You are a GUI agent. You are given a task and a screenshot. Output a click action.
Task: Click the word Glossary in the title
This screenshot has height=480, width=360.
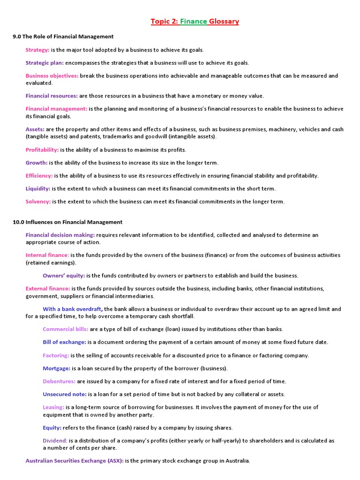224,21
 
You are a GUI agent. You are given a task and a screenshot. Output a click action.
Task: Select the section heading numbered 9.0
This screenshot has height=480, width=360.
63,36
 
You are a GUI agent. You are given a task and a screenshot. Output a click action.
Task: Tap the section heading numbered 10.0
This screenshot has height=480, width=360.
67,222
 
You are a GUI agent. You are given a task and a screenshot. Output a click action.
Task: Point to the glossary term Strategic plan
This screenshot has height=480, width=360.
45,63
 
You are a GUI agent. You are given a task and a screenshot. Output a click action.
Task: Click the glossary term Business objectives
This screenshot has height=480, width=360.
52,75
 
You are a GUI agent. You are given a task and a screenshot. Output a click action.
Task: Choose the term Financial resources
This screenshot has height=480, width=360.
52,96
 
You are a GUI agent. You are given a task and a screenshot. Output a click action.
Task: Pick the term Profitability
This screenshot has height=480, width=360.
42,150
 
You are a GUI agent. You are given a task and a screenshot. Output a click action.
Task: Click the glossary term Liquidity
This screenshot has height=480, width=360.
38,188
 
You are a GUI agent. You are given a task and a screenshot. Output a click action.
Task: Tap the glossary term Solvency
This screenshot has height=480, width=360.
38,202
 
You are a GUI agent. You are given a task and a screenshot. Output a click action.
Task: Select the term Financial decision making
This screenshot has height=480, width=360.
60,235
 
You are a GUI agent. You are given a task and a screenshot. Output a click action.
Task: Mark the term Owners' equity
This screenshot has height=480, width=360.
64,276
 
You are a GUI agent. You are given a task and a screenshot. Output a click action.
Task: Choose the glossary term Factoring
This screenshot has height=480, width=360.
56,355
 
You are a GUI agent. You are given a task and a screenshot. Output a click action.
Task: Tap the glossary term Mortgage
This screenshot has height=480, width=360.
57,368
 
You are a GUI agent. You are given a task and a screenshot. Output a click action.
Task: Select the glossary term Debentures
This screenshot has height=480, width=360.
59,381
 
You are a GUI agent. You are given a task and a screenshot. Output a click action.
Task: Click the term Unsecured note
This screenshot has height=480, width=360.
65,394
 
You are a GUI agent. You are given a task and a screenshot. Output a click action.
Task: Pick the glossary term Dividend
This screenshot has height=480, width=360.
55,441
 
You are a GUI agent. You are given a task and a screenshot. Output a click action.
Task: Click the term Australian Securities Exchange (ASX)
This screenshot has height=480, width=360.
75,461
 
